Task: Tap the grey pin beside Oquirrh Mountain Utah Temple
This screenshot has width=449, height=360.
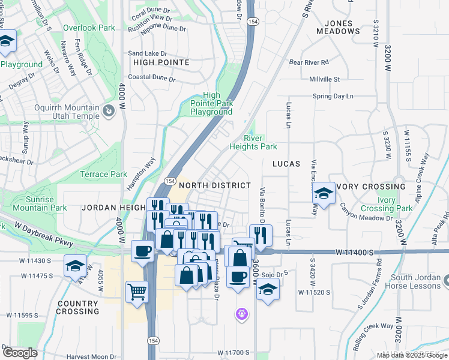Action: point(109,110)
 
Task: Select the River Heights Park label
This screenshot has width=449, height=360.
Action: point(253,142)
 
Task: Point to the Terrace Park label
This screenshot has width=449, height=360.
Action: point(104,174)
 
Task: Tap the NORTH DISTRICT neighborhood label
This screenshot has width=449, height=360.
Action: point(215,185)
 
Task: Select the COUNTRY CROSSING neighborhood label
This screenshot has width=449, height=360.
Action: point(77,307)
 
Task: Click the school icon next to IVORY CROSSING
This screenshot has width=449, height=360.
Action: point(324,193)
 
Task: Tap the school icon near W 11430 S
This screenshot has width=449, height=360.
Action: point(75,265)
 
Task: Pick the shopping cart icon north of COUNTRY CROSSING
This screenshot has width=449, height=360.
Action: point(137,292)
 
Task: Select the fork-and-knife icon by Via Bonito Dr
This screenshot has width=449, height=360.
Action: point(260,235)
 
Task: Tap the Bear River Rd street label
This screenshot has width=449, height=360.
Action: point(310,62)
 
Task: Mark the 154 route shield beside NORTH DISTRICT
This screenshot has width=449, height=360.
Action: point(170,181)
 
